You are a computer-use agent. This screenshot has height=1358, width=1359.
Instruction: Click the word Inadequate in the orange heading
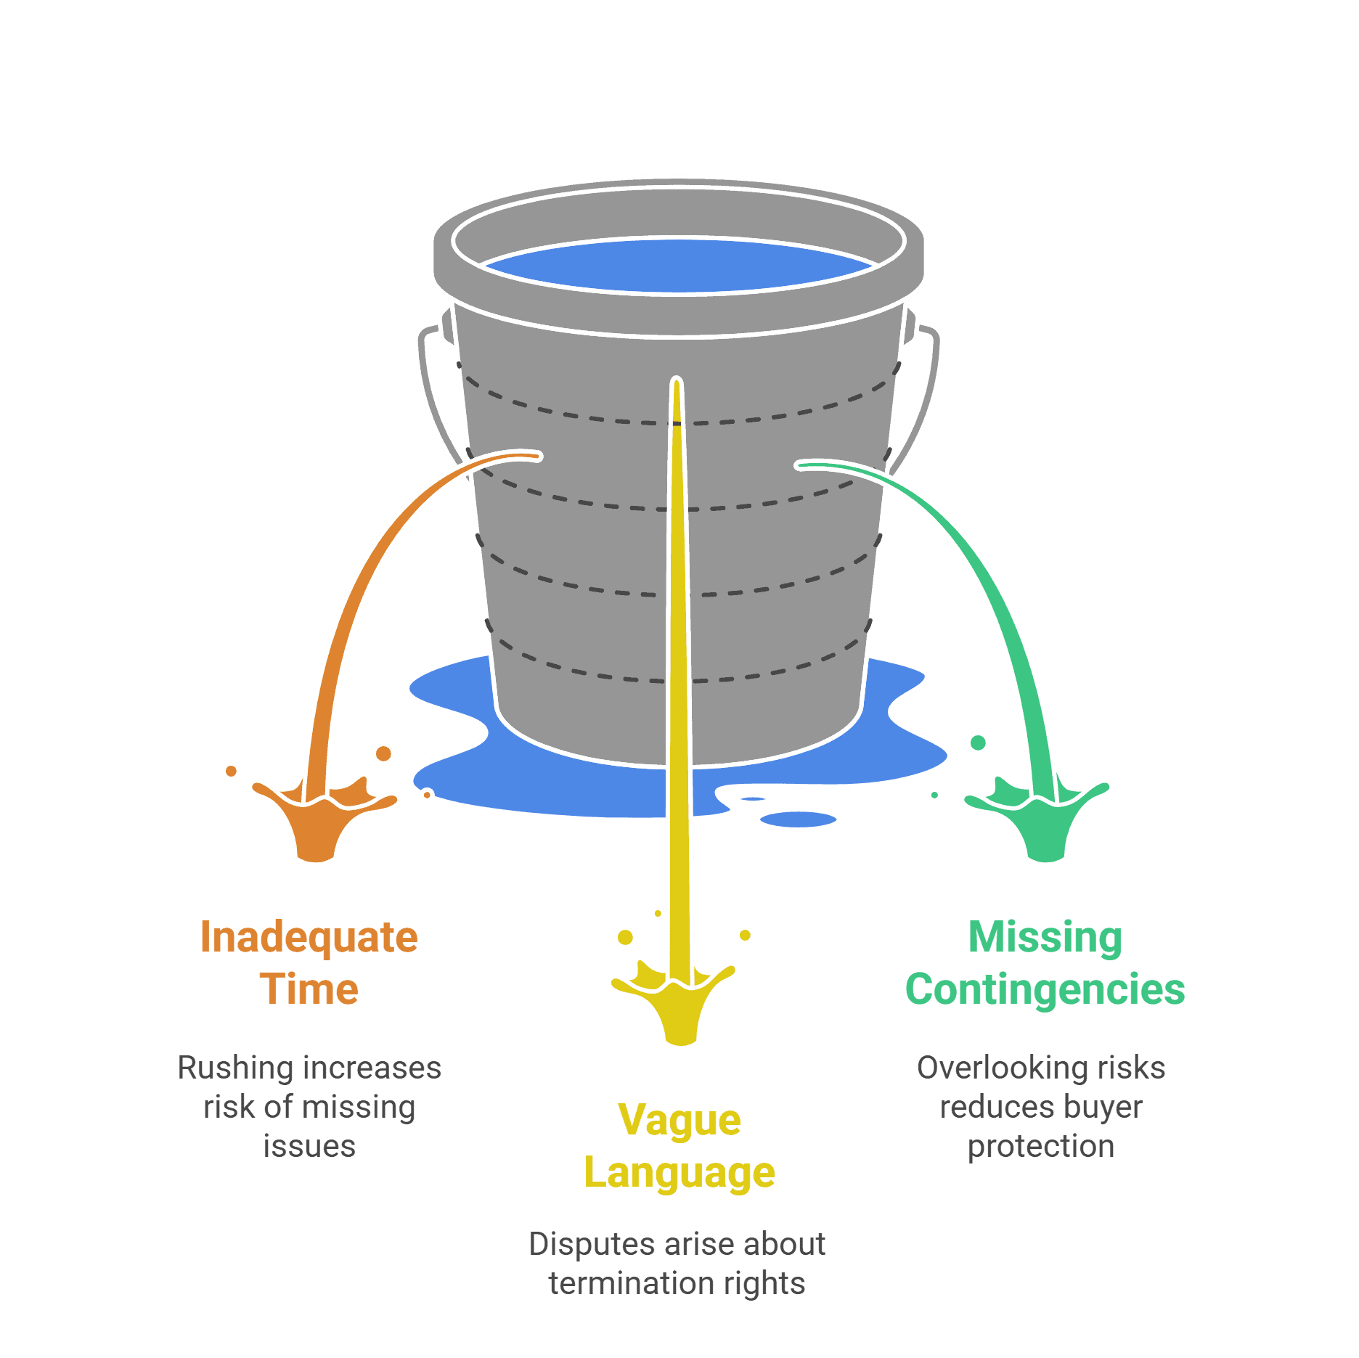pos(309,937)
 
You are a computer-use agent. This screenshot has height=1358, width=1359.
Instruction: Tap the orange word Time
pos(309,989)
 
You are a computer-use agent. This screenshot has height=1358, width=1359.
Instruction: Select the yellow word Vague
pos(679,1120)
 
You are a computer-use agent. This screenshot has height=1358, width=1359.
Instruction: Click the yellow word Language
pos(679,1173)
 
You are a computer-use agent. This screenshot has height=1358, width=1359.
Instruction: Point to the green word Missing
pos(1045,937)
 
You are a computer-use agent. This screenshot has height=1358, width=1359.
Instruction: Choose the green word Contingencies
pos(1045,989)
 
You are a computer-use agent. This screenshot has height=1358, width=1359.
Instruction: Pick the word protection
pos(1041,1147)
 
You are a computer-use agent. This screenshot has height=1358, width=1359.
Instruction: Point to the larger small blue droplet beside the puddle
pos(798,819)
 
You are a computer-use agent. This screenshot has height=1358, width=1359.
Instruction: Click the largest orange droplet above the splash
pos(383,753)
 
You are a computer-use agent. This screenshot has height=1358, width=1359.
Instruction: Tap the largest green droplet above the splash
pos(978,743)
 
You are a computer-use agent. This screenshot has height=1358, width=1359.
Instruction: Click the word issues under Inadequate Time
pos(309,1147)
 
